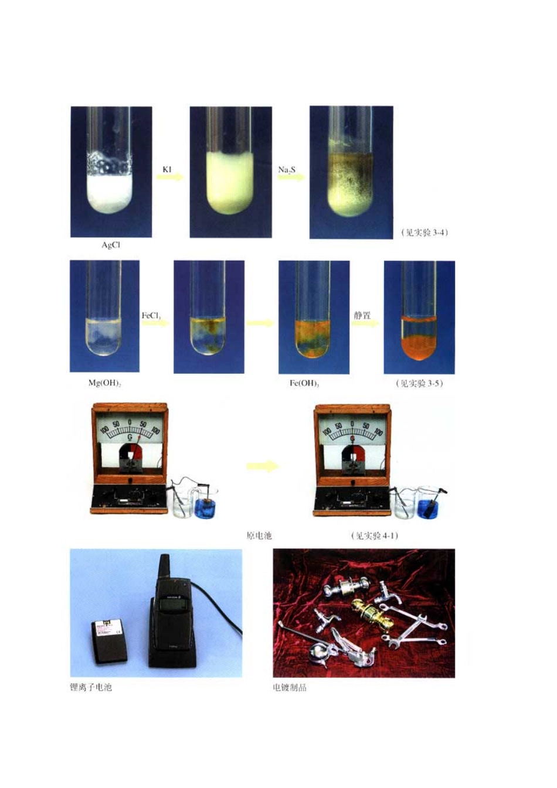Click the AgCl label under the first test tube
point(111,245)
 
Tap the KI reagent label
point(167,169)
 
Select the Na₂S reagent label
point(287,170)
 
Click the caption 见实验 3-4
point(424,233)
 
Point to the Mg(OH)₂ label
point(104,383)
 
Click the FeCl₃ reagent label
point(151,316)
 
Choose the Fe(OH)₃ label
point(304,383)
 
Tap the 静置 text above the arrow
point(362,315)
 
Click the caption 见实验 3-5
point(419,383)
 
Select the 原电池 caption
point(259,535)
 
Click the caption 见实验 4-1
point(375,535)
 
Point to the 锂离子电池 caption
point(90,687)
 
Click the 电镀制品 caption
point(290,687)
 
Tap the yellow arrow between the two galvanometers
point(261,466)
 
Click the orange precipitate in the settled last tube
point(418,346)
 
